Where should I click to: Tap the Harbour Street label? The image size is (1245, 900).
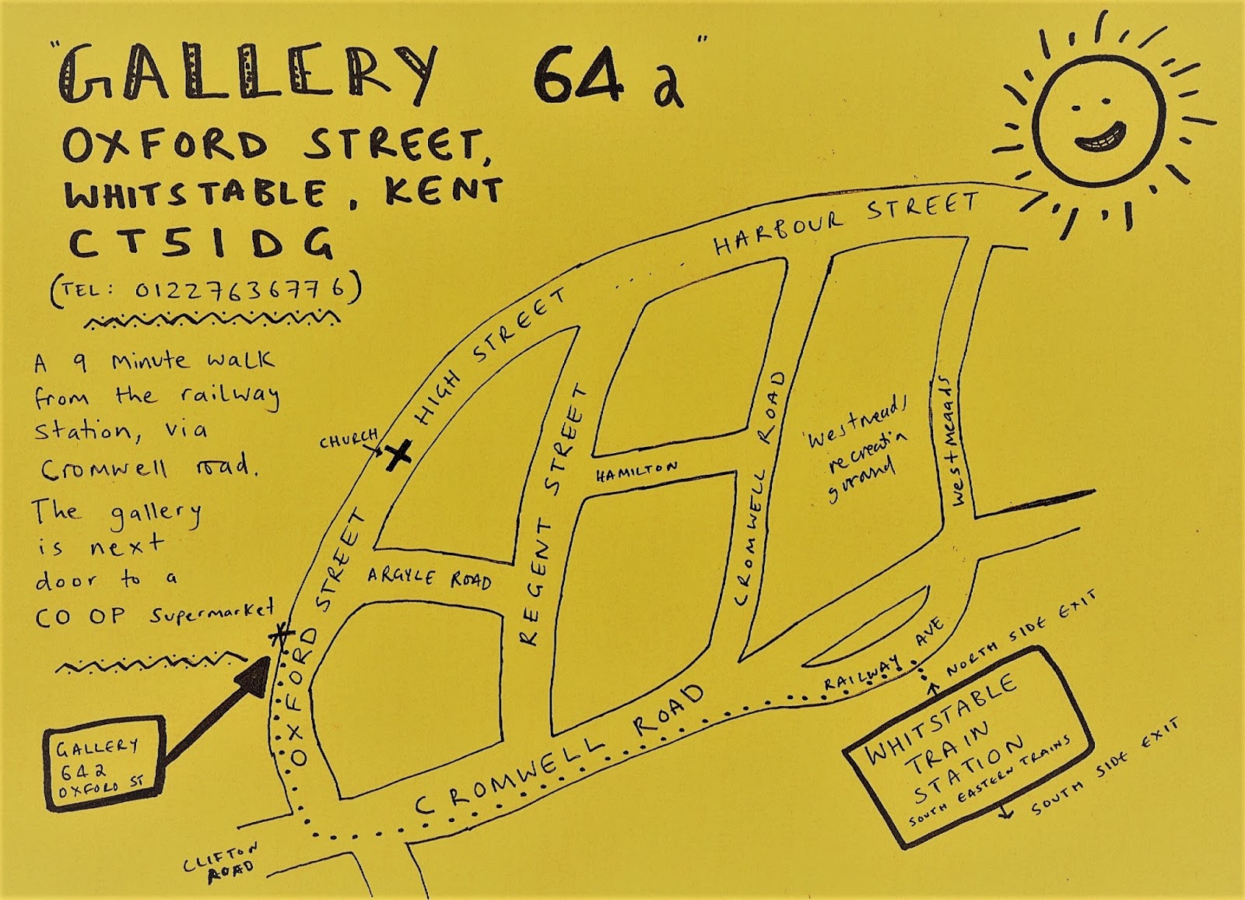click(846, 223)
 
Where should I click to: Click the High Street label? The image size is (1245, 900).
click(489, 358)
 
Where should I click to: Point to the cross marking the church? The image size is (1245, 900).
click(398, 455)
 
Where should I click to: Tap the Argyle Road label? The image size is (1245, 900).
click(429, 578)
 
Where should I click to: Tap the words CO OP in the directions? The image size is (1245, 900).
click(80, 617)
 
